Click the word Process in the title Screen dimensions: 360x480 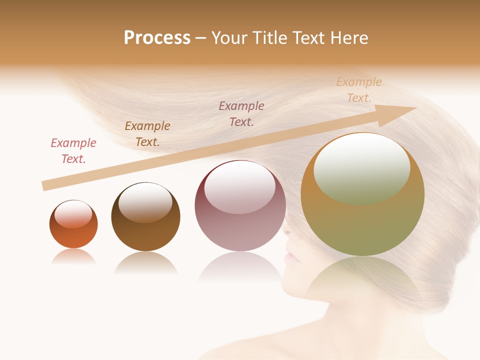coord(157,38)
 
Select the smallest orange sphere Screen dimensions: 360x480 coord(73,224)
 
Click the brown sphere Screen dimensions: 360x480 coord(145,216)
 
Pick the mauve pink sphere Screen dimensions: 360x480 coord(240,205)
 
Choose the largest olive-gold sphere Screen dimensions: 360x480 coord(362,194)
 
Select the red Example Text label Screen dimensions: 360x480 coord(73,151)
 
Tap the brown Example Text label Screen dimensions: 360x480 coord(147,134)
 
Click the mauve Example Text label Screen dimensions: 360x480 coord(241,113)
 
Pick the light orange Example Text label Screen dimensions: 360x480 coord(359,90)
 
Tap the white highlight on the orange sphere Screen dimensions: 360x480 coord(73,214)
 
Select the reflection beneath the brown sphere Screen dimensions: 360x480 coord(145,262)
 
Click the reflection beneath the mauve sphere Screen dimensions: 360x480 coord(240,267)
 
